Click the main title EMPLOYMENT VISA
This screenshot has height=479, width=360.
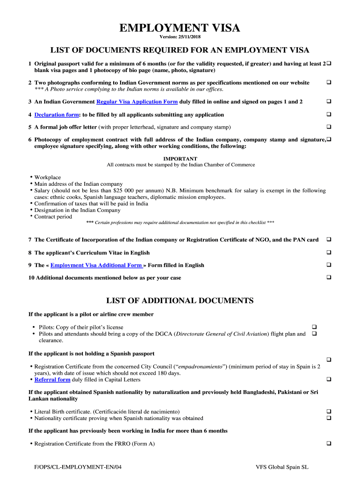tap(180, 29)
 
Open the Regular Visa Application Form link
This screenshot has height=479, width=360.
tap(137, 102)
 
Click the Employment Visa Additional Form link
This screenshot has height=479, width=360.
tap(97, 265)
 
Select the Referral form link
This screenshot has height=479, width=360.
tap(52, 380)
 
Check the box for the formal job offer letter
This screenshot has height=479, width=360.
tap(329, 127)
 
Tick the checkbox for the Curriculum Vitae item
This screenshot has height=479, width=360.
tap(329, 253)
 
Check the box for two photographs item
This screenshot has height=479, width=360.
tap(329, 83)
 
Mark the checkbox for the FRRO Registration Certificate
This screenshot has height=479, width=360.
tap(329, 443)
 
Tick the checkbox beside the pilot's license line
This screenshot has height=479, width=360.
tap(314, 327)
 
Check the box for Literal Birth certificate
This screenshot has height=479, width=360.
tap(329, 411)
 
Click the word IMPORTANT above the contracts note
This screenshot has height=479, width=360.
tap(180, 159)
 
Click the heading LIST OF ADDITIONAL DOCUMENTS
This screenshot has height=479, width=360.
tap(180, 300)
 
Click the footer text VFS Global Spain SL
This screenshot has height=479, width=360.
tap(282, 467)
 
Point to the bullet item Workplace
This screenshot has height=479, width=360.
tap(48, 178)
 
